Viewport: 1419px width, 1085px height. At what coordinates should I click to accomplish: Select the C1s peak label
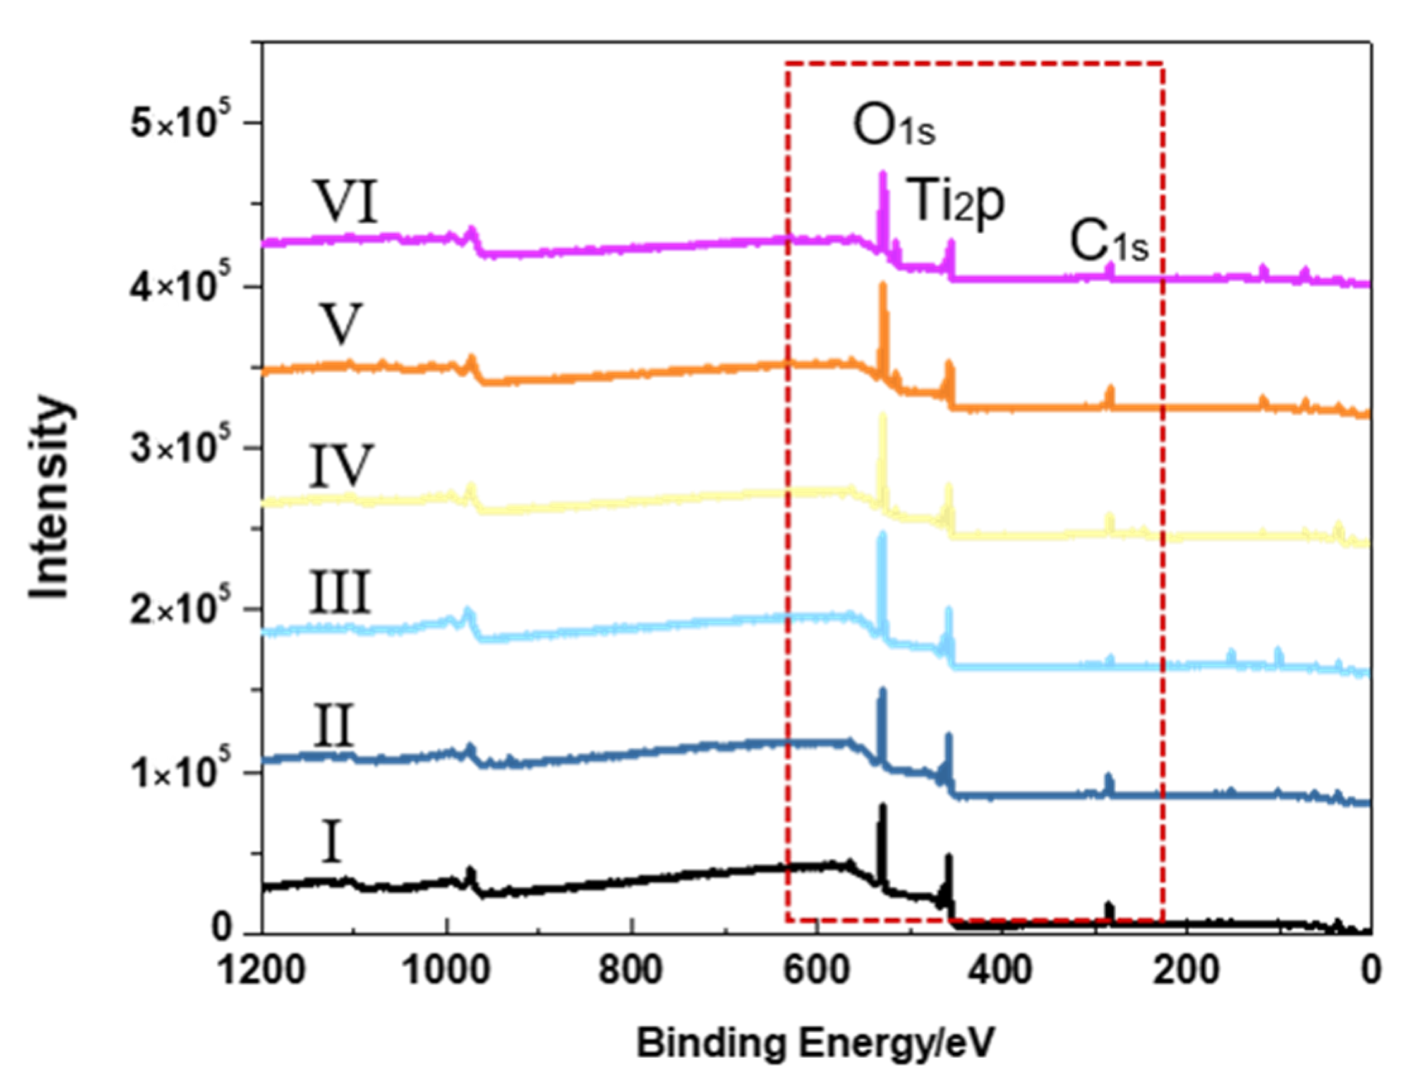(1109, 243)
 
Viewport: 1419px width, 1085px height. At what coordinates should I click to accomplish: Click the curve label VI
(349, 202)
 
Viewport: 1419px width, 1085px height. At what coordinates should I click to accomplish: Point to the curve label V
(341, 324)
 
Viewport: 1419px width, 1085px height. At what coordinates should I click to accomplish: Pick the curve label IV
(341, 466)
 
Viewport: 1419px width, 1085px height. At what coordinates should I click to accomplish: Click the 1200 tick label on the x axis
(261, 971)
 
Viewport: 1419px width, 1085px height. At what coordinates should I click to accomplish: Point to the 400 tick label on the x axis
(1001, 971)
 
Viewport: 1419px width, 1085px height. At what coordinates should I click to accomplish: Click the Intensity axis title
(51, 499)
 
